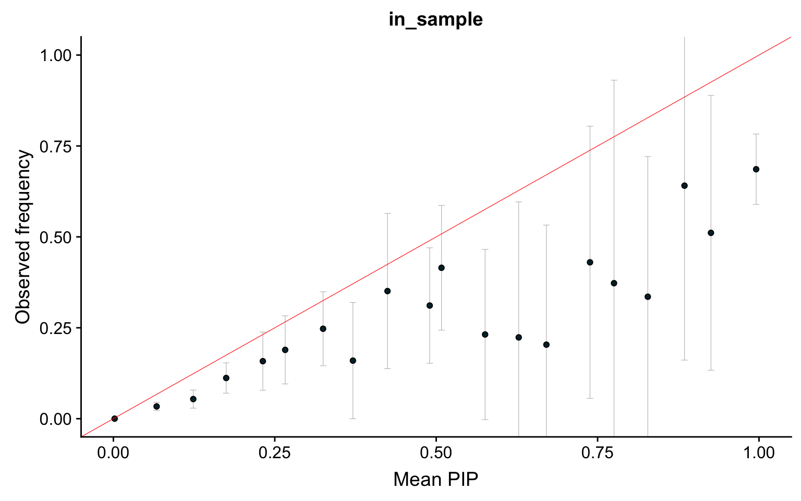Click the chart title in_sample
[x=435, y=19]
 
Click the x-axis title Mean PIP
[x=435, y=479]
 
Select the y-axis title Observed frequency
[x=23, y=236]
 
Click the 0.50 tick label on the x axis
[x=435, y=452]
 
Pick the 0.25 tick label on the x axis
[x=274, y=452]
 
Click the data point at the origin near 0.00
[x=115, y=419]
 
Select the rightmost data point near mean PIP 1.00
[x=756, y=169]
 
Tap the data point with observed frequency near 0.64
[x=684, y=186]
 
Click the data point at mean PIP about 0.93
[x=710, y=233]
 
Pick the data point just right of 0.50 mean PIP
[x=441, y=268]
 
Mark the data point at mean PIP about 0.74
[x=590, y=262]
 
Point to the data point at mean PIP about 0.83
[x=648, y=296]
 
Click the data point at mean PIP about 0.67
[x=547, y=344]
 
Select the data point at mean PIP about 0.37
[x=353, y=361]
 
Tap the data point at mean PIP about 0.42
[x=387, y=291]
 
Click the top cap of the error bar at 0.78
[x=614, y=80]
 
